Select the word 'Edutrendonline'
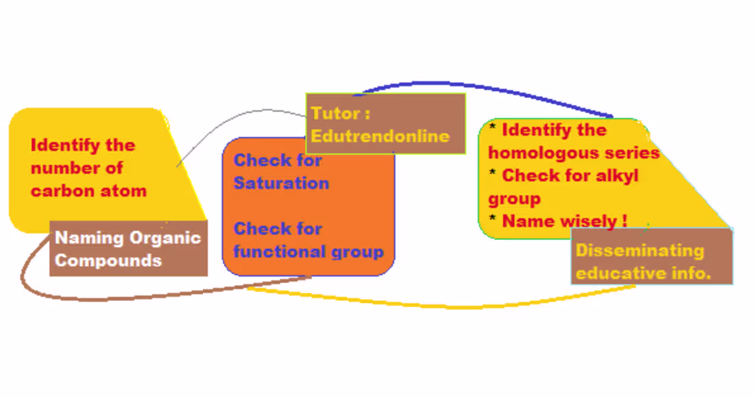(380, 136)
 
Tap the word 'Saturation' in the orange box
(281, 184)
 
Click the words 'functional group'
(308, 252)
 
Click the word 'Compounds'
(108, 261)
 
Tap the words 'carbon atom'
(88, 191)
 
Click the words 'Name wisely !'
(564, 221)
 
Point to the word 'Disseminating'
(640, 250)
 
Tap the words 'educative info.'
(643, 274)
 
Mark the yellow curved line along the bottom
(446, 305)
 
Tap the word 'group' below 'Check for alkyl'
(514, 199)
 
